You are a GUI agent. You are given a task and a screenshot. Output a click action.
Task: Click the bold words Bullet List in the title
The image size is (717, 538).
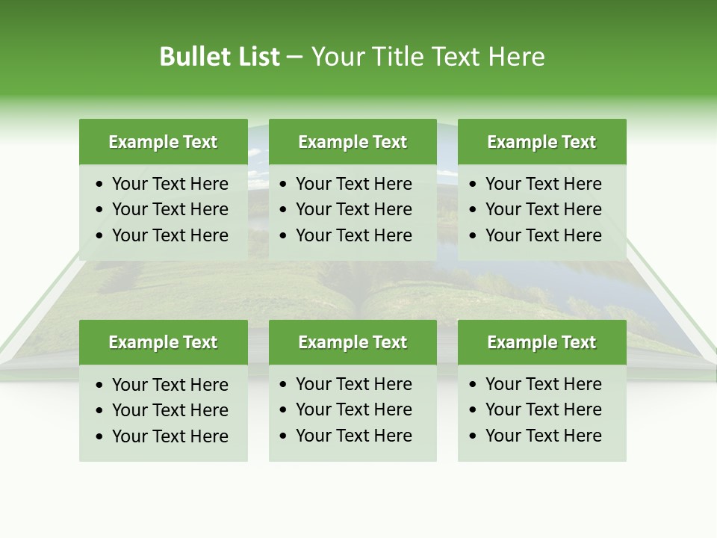[x=220, y=57]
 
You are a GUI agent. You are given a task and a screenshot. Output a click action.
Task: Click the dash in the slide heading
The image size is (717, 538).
[x=294, y=58]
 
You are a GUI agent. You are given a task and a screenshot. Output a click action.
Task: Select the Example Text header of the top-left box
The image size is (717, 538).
[x=163, y=142]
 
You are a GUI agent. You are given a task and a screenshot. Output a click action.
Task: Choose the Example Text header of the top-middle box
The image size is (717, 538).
[x=353, y=142]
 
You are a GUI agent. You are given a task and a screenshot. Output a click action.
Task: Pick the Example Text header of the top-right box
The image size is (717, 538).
[x=541, y=142]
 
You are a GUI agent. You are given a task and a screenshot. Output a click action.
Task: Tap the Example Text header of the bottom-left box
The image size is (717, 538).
[x=163, y=342]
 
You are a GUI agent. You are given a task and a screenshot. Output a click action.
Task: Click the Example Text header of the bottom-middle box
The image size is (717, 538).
[x=353, y=342]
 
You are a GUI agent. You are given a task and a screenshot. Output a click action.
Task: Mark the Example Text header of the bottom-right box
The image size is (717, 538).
[x=541, y=342]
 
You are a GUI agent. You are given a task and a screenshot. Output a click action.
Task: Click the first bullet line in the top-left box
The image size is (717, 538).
[x=170, y=184]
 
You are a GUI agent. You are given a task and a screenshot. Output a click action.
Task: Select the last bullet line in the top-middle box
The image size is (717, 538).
[x=353, y=235]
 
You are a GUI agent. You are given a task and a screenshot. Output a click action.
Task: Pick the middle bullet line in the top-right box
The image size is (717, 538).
[x=543, y=209]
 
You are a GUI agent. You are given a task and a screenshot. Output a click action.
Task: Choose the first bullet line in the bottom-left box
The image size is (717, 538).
[x=170, y=385]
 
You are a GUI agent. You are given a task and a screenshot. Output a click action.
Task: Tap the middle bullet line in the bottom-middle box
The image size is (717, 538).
[x=353, y=409]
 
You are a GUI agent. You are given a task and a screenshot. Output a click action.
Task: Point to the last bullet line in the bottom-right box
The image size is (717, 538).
[x=543, y=436]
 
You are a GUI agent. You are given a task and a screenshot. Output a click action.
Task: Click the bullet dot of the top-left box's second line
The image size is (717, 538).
[x=100, y=210]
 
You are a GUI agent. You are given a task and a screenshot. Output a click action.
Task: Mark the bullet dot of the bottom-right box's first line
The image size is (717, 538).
[x=474, y=385]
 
